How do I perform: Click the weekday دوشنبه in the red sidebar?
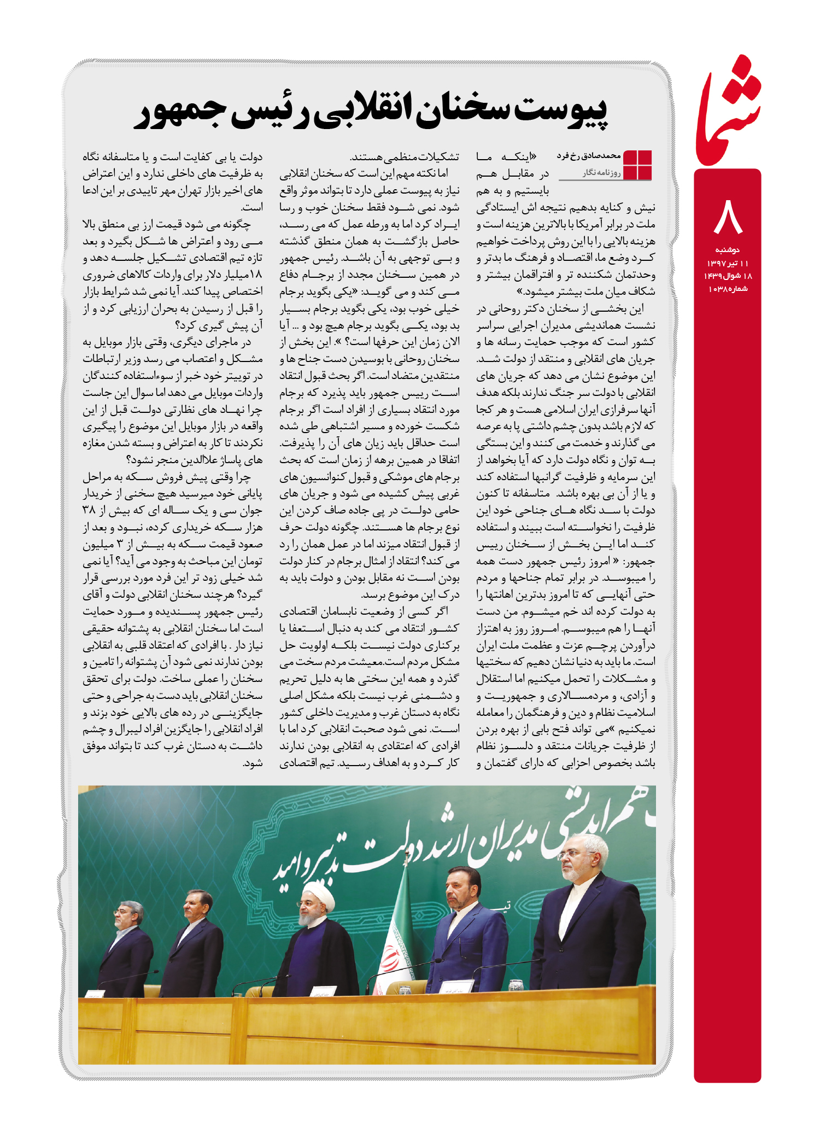point(728,249)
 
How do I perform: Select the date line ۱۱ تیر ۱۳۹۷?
point(728,263)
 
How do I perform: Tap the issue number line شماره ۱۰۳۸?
point(728,289)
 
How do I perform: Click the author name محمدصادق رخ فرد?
point(589,156)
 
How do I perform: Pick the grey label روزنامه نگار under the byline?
point(601,173)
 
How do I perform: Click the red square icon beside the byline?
point(637,165)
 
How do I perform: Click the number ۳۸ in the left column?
point(90,511)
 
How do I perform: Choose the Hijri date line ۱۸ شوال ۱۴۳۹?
point(728,276)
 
